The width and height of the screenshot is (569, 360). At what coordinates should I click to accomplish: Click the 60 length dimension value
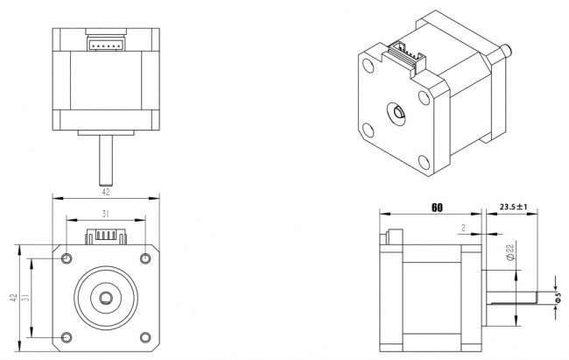(437, 208)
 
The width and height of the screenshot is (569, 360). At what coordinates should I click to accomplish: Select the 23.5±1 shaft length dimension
(513, 207)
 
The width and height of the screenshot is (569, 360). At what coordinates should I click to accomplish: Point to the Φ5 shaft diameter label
(558, 298)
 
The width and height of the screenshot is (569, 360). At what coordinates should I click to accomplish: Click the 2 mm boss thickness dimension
(463, 228)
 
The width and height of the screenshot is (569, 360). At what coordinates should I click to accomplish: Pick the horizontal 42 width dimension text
(105, 192)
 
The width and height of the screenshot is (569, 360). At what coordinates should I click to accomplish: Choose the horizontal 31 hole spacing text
(105, 214)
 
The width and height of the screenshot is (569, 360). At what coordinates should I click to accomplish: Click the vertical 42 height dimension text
(13, 298)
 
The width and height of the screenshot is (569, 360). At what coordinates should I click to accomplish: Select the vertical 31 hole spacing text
(25, 298)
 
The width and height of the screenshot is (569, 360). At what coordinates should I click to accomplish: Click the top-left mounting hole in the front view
(67, 258)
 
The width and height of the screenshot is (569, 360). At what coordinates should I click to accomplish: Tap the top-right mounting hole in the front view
(145, 258)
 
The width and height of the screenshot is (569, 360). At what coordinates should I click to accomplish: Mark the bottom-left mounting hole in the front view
(67, 337)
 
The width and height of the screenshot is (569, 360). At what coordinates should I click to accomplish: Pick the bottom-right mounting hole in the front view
(145, 337)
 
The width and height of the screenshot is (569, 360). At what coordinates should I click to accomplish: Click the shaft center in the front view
(106, 298)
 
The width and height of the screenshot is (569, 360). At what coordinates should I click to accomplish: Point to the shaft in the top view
(106, 159)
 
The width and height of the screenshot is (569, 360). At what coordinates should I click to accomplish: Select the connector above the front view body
(106, 236)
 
